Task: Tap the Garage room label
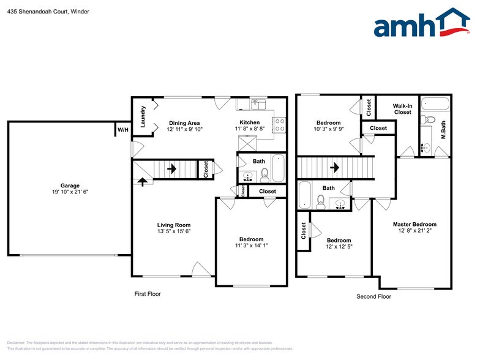coord(70,185)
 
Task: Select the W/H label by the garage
coord(122,130)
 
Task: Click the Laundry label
coord(143,115)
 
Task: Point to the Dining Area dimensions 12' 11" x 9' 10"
coord(184,129)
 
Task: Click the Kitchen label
coord(249,122)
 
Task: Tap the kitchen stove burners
coord(280,125)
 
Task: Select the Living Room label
coord(174,225)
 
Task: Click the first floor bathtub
coord(278,168)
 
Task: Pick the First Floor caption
coord(148,294)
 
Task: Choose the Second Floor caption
coord(373,296)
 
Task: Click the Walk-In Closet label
coord(402,109)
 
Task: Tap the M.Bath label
coord(444,131)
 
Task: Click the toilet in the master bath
coord(429,119)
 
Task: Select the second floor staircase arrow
coord(334,167)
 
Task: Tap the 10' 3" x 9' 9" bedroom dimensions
coord(328,130)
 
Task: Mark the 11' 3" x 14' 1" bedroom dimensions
coord(251,246)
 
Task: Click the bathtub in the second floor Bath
coord(304,197)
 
